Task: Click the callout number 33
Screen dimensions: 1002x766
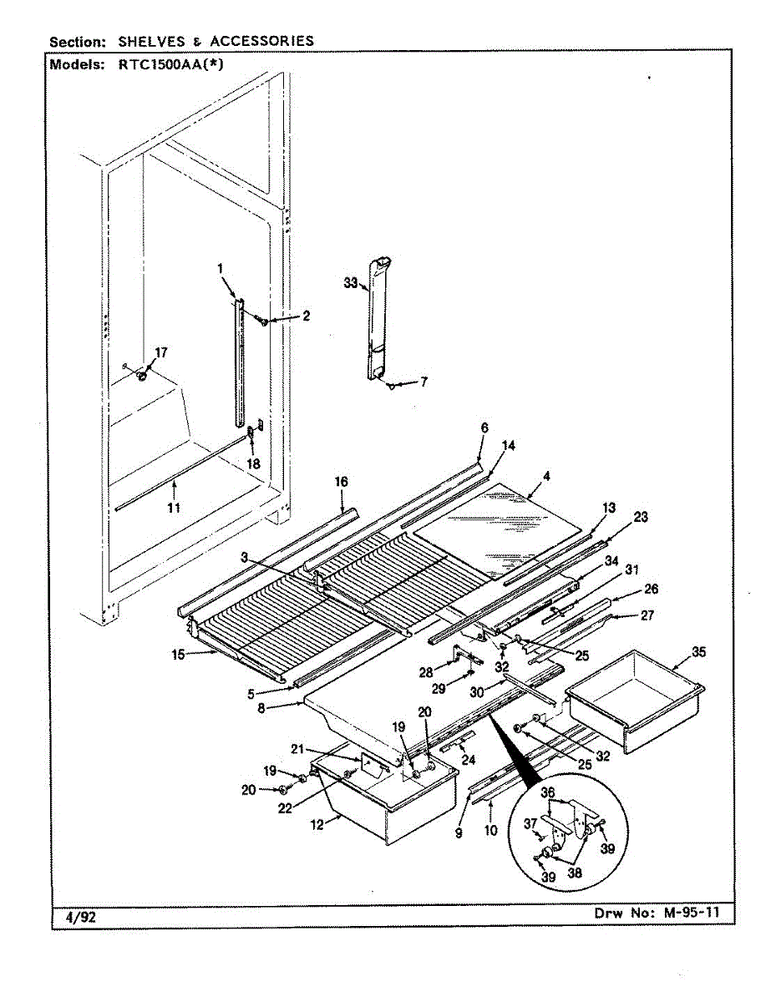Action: pos(350,283)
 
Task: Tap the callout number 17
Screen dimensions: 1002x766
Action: pos(160,352)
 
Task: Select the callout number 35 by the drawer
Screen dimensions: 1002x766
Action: pos(698,651)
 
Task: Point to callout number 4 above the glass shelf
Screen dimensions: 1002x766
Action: pos(545,478)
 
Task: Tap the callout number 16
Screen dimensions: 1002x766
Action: pos(341,482)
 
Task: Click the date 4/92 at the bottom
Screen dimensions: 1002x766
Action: pos(81,917)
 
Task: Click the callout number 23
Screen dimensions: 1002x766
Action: pos(640,517)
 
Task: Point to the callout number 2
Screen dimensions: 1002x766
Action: pos(306,316)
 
